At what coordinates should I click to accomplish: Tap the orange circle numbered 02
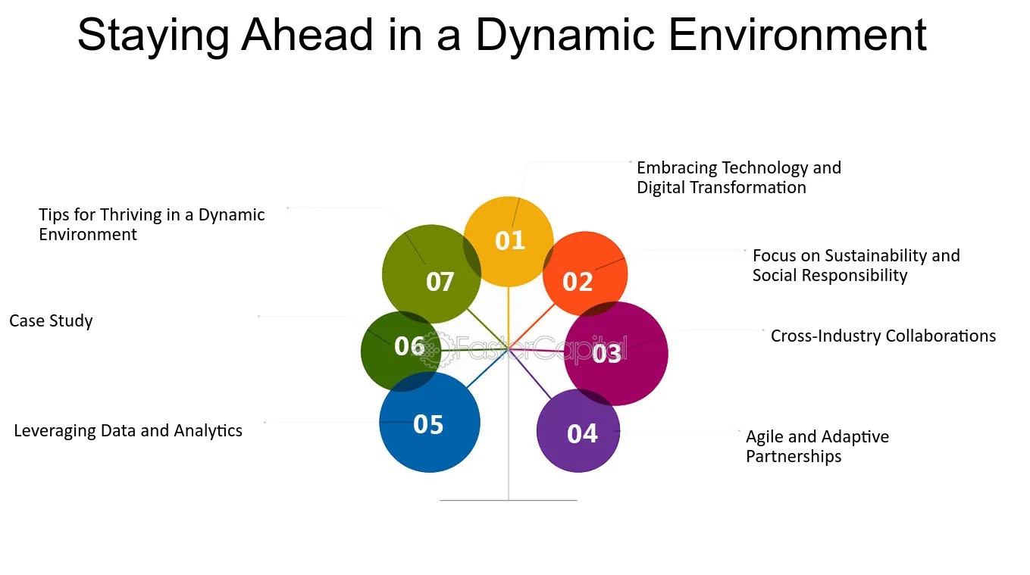585,274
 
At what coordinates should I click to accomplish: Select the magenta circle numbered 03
616,354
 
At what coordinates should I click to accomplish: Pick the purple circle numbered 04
578,430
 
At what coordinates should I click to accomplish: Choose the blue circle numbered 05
430,423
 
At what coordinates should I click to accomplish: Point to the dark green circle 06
401,352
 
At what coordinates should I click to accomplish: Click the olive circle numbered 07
431,274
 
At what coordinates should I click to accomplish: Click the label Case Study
51,320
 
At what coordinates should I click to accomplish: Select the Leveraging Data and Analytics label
128,430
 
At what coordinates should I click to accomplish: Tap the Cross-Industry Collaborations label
883,336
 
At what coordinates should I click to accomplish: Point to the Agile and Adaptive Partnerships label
817,446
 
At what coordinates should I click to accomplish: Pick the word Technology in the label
765,168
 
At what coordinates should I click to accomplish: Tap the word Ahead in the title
307,35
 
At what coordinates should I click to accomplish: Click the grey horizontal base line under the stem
509,500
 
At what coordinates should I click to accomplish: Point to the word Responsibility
855,276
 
